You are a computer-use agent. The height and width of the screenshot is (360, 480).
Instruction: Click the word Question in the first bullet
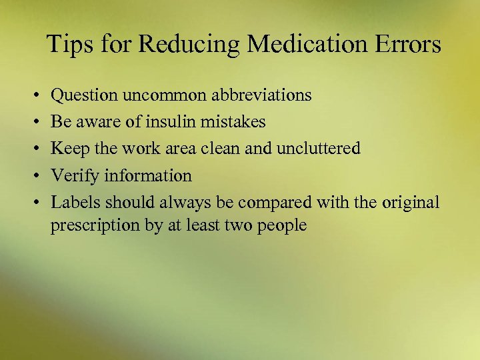pyautogui.click(x=84, y=96)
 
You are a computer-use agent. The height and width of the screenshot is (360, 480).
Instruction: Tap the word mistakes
pyautogui.click(x=235, y=122)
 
